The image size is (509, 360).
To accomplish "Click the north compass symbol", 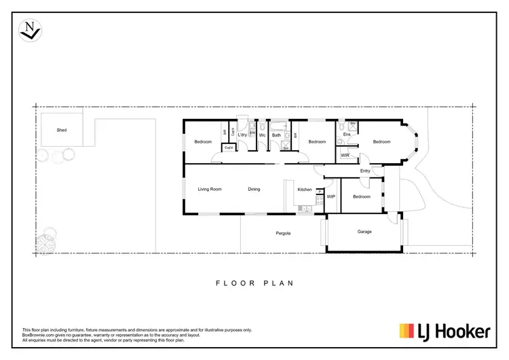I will pos(30,29).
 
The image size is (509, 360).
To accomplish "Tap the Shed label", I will pos(61,129).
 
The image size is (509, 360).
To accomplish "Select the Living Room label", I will pos(210,190).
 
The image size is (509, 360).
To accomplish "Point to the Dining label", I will pos(254,190).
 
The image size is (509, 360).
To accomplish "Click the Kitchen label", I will pos(305,190).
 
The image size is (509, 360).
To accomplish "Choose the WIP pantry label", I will pos(331,196).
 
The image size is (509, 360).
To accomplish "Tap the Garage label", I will pos(364,232).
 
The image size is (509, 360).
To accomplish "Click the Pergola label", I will pos(283,233).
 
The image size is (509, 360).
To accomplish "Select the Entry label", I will pos(365,170).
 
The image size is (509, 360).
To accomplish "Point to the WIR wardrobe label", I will pos(345,156).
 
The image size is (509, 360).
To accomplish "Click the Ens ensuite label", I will pos(346,134).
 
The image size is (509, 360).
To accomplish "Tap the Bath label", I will pos(276,135).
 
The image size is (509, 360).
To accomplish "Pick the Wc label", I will pos(261,135).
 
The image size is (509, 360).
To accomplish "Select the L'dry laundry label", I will pos(242,134).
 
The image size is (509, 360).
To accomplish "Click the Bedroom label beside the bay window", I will pos(381,142).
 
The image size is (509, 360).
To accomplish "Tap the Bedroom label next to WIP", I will pos(361,197).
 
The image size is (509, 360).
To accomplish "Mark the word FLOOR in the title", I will pos(229,283).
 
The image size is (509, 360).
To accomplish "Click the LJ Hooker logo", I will pos(445,331).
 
